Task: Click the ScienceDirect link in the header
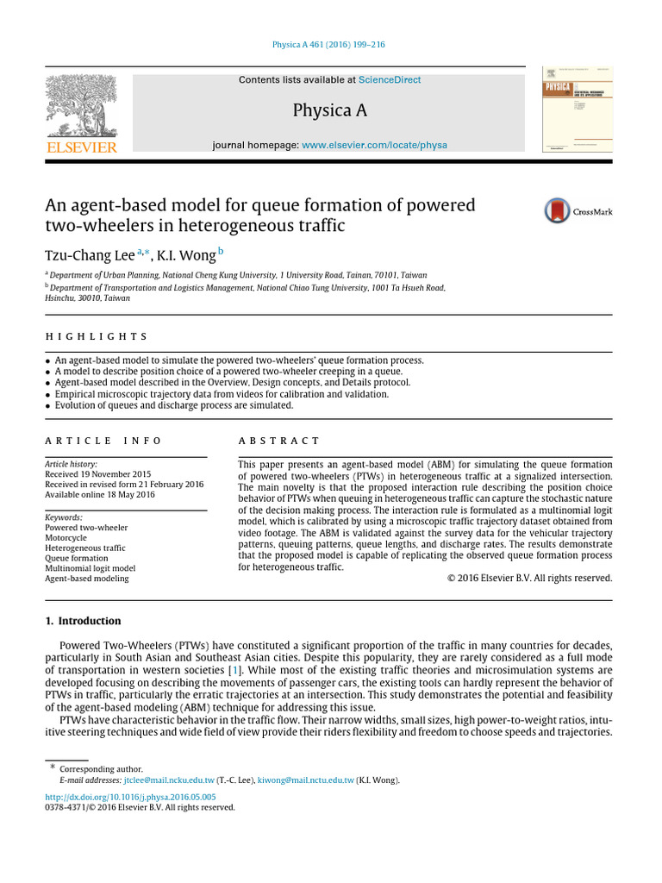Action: (390, 80)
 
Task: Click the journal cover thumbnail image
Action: (577, 110)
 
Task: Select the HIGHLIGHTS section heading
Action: (96, 336)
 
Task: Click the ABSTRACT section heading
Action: (278, 441)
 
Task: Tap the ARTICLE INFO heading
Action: (103, 441)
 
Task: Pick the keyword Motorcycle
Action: (66, 537)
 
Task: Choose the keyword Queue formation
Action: (77, 558)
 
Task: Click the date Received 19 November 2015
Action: (97, 474)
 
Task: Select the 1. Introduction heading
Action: (83, 621)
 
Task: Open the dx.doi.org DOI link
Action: (130, 797)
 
